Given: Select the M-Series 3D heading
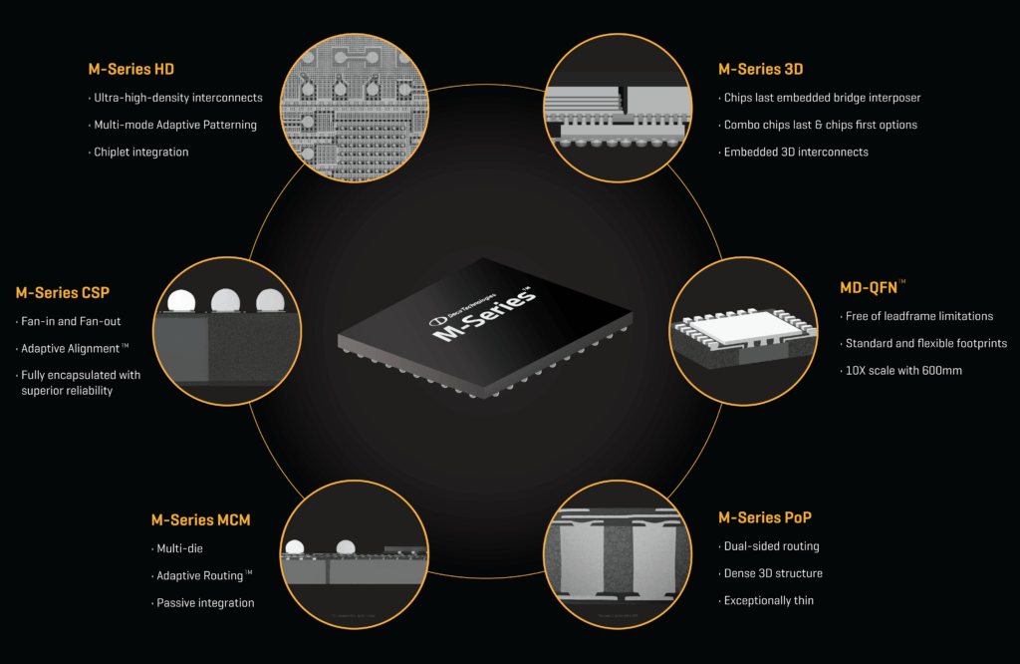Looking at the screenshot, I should [x=760, y=69].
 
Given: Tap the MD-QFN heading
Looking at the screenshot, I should [x=873, y=288].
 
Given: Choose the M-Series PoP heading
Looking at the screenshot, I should [x=764, y=517].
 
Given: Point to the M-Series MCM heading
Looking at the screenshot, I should [x=200, y=519].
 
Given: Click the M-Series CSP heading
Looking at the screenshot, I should [x=62, y=293].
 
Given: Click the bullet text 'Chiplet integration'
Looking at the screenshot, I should [x=140, y=152].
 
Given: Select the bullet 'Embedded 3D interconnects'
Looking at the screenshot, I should [x=796, y=152].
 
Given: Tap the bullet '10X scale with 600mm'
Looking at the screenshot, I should [x=903, y=370].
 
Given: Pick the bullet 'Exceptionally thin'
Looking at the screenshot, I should [x=768, y=600].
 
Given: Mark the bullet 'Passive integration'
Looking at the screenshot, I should [x=205, y=603].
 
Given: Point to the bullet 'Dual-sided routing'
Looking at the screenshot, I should [x=772, y=546].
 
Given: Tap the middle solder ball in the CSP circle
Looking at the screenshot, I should [x=226, y=299].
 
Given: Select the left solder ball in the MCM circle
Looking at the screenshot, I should [x=294, y=546].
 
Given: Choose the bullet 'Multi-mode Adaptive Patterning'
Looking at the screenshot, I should [x=174, y=125].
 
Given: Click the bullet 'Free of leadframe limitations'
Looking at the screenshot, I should [x=918, y=316].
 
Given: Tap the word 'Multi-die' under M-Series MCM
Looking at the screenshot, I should [x=179, y=548].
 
